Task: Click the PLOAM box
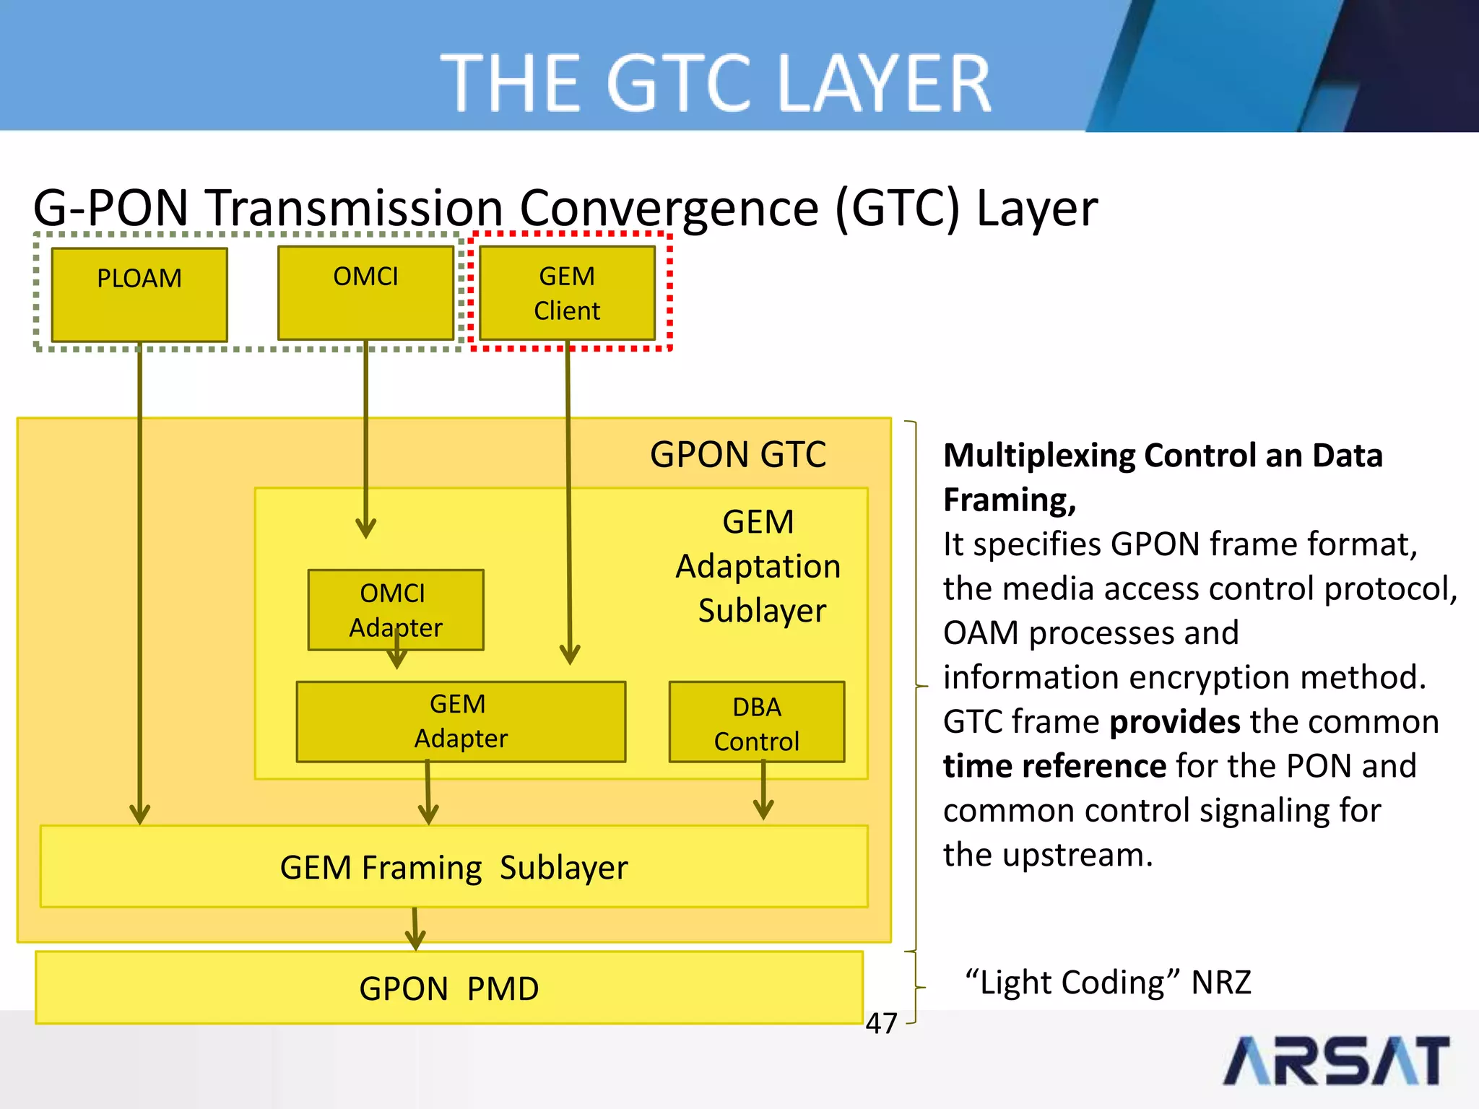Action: click(139, 295)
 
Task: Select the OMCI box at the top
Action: click(365, 292)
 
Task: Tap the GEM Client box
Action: click(567, 292)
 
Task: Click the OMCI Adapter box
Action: click(395, 609)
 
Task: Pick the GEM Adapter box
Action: click(461, 721)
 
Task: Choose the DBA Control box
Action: click(756, 722)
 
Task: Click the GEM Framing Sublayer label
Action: click(454, 867)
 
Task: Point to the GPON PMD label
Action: click(448, 988)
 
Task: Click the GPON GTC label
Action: click(737, 454)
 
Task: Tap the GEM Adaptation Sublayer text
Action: click(758, 566)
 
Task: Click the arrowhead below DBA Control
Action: click(763, 809)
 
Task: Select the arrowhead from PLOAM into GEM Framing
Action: click(139, 814)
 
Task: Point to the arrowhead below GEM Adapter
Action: click(428, 814)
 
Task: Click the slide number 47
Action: click(881, 1023)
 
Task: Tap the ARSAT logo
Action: click(1336, 1060)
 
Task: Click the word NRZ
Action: click(1220, 982)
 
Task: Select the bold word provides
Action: click(1174, 721)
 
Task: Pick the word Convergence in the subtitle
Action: click(669, 208)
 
